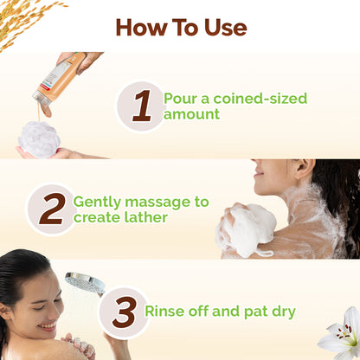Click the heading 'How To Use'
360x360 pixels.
pos(180,27)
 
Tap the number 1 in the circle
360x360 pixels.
pos(141,106)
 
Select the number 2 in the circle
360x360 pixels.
pos(51,209)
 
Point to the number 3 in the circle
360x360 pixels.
pos(124,312)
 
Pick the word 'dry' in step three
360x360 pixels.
pos(281,312)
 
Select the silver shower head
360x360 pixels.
pos(85,283)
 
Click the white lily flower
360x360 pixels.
pos(342,334)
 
